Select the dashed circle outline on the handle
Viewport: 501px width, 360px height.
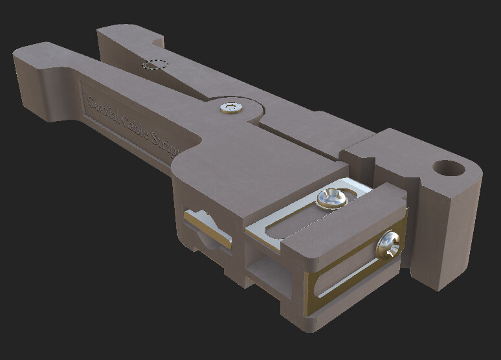tap(155, 64)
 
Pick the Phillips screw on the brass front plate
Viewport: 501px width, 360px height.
tap(390, 245)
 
